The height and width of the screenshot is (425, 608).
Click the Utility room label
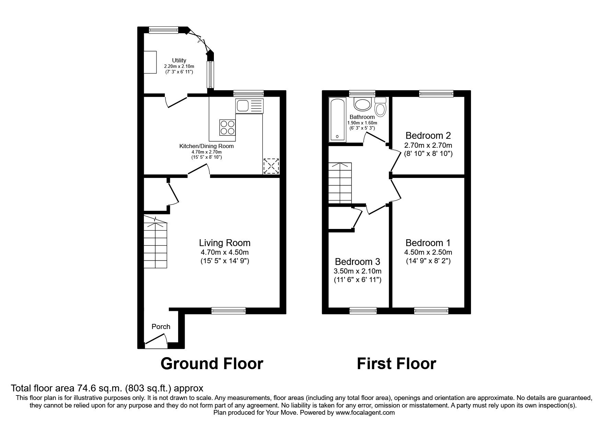(x=179, y=61)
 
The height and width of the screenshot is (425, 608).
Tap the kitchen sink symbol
(x=249, y=105)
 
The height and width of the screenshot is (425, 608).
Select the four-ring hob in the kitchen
(x=227, y=127)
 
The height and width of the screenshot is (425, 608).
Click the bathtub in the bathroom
(x=337, y=120)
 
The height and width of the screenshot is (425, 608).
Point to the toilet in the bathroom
(x=380, y=107)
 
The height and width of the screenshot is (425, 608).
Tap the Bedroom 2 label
(x=428, y=135)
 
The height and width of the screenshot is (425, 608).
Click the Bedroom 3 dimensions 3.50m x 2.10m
(x=357, y=271)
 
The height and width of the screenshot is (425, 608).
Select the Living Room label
(x=225, y=243)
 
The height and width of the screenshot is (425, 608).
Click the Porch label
(x=161, y=327)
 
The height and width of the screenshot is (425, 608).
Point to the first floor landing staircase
(x=340, y=183)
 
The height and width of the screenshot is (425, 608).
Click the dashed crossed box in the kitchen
(x=271, y=166)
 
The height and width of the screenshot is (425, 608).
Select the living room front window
(x=229, y=311)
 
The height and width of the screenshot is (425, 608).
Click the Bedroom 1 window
(x=431, y=311)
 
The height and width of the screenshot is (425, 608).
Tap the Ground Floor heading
(x=212, y=363)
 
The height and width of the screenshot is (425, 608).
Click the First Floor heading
(x=396, y=363)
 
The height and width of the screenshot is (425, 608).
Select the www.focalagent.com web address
(x=365, y=413)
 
